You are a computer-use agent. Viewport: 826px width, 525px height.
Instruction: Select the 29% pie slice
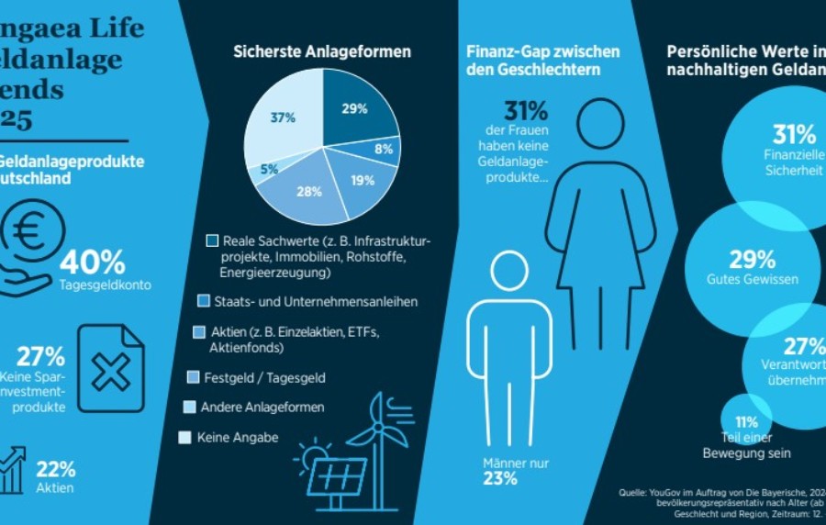point(355,111)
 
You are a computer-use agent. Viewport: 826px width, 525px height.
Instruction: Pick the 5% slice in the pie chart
point(268,168)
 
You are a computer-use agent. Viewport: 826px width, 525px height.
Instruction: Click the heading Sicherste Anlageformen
point(321,51)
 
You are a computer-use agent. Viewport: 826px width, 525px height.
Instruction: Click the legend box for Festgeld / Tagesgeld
point(193,377)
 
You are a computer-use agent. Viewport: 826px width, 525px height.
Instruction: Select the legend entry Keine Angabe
point(238,438)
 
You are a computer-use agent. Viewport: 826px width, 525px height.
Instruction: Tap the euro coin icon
point(34,231)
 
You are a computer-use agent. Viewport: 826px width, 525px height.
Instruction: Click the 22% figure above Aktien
point(56,469)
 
